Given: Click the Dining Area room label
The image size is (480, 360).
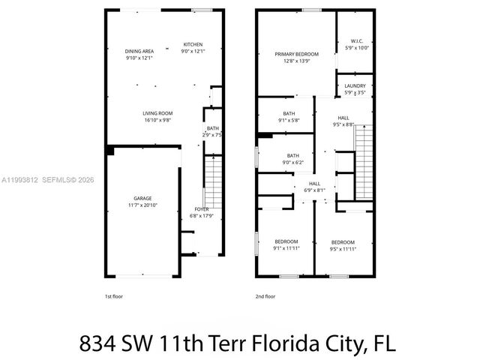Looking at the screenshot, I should [x=139, y=51].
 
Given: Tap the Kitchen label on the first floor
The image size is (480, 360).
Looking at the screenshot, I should [x=193, y=44].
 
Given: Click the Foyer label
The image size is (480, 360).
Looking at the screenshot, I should [x=202, y=209].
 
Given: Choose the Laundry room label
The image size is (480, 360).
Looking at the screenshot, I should [x=355, y=86].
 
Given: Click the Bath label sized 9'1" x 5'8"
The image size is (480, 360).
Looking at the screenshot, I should [x=289, y=114].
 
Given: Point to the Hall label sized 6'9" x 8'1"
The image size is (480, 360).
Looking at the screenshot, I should [x=314, y=183].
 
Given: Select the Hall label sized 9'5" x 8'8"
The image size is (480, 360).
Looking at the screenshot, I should [x=343, y=118].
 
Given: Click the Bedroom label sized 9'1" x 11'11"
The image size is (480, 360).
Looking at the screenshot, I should [x=286, y=241].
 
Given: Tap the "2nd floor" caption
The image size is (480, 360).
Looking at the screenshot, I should [x=265, y=296].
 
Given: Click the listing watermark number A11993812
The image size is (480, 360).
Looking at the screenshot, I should [x=19, y=179].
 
